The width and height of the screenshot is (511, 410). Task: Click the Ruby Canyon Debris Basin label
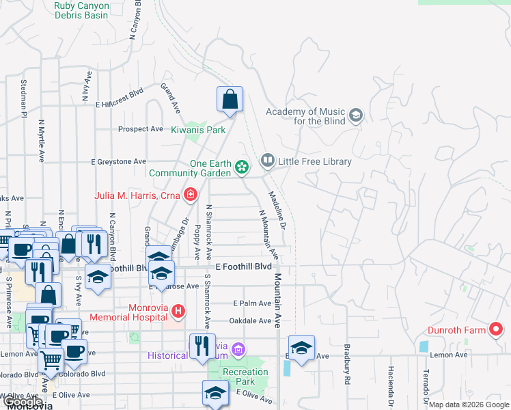coord(81,10)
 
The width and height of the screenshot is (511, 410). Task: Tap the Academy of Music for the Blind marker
coord(355,115)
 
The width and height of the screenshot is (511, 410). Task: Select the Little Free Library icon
coord(267,161)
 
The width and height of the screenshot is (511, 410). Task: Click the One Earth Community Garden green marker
coord(241,167)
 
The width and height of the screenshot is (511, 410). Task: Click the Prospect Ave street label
coord(141,128)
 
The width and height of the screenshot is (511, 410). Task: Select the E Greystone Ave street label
coord(119,162)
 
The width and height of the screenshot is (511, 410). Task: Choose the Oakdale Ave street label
coord(251,320)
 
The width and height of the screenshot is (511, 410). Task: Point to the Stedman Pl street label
coord(23,96)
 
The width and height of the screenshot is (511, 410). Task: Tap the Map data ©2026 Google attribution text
coord(469,405)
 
